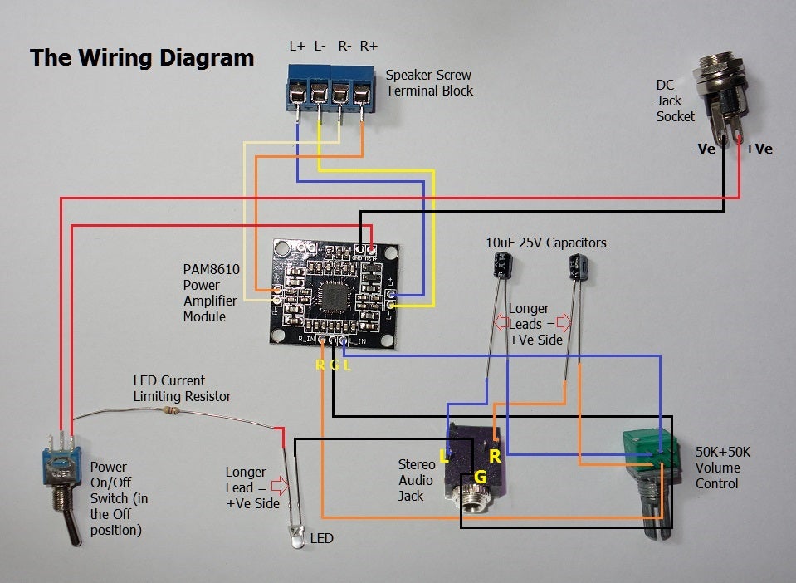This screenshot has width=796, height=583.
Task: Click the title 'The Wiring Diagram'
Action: tap(142, 57)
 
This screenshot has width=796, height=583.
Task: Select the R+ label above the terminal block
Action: tap(369, 47)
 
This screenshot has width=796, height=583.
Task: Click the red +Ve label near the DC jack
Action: tap(759, 149)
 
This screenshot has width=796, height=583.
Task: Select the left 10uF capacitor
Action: tap(502, 266)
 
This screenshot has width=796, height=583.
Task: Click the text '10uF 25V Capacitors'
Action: tap(545, 243)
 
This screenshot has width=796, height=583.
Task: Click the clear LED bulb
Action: tap(295, 532)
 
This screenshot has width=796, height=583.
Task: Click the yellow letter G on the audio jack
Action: tap(479, 477)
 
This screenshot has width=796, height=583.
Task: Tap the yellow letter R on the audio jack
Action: tap(495, 455)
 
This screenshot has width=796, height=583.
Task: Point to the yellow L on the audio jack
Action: tap(444, 456)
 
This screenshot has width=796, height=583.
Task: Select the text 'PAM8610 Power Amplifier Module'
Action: tap(210, 291)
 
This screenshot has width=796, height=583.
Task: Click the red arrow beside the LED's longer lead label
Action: tap(278, 487)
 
